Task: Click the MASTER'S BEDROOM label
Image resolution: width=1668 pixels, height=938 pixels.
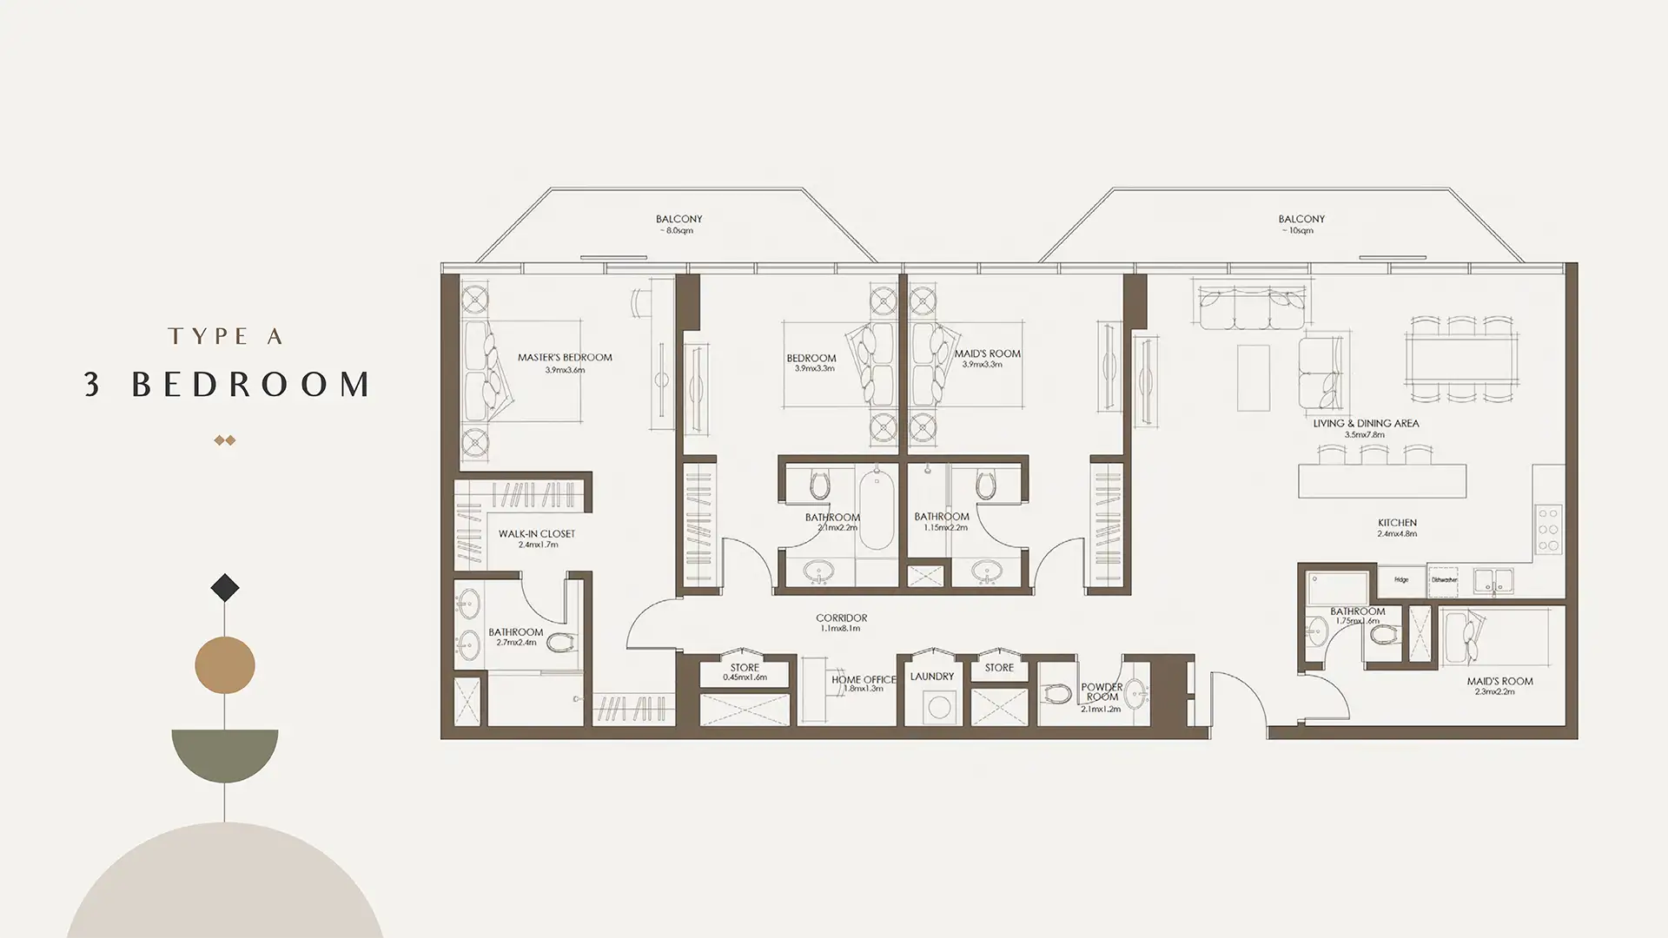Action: pyautogui.click(x=565, y=358)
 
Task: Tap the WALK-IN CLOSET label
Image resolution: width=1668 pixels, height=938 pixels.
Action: pyautogui.click(x=536, y=534)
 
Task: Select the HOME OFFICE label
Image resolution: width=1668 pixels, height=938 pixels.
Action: pyautogui.click(x=863, y=680)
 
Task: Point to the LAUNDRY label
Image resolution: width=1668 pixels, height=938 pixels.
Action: pyautogui.click(x=931, y=677)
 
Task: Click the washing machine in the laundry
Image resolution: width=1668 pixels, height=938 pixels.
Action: pyautogui.click(x=938, y=706)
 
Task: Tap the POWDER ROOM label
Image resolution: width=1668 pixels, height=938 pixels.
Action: pyautogui.click(x=1102, y=692)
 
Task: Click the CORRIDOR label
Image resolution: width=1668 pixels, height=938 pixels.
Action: pyautogui.click(x=841, y=618)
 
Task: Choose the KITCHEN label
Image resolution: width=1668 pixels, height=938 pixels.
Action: pyautogui.click(x=1397, y=524)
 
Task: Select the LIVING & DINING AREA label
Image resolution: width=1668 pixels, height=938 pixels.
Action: pyautogui.click(x=1366, y=424)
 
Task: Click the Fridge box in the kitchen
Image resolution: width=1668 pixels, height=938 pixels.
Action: pyautogui.click(x=1401, y=580)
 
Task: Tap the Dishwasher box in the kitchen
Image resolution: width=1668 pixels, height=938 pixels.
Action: pyautogui.click(x=1445, y=580)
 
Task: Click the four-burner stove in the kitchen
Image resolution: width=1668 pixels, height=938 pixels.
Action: pyautogui.click(x=1549, y=530)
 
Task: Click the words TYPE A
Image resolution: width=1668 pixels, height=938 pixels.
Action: pyautogui.click(x=226, y=337)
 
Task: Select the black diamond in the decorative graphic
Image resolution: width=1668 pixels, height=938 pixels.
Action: pyautogui.click(x=225, y=588)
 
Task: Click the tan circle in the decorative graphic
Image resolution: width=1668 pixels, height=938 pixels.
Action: pyautogui.click(x=225, y=665)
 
